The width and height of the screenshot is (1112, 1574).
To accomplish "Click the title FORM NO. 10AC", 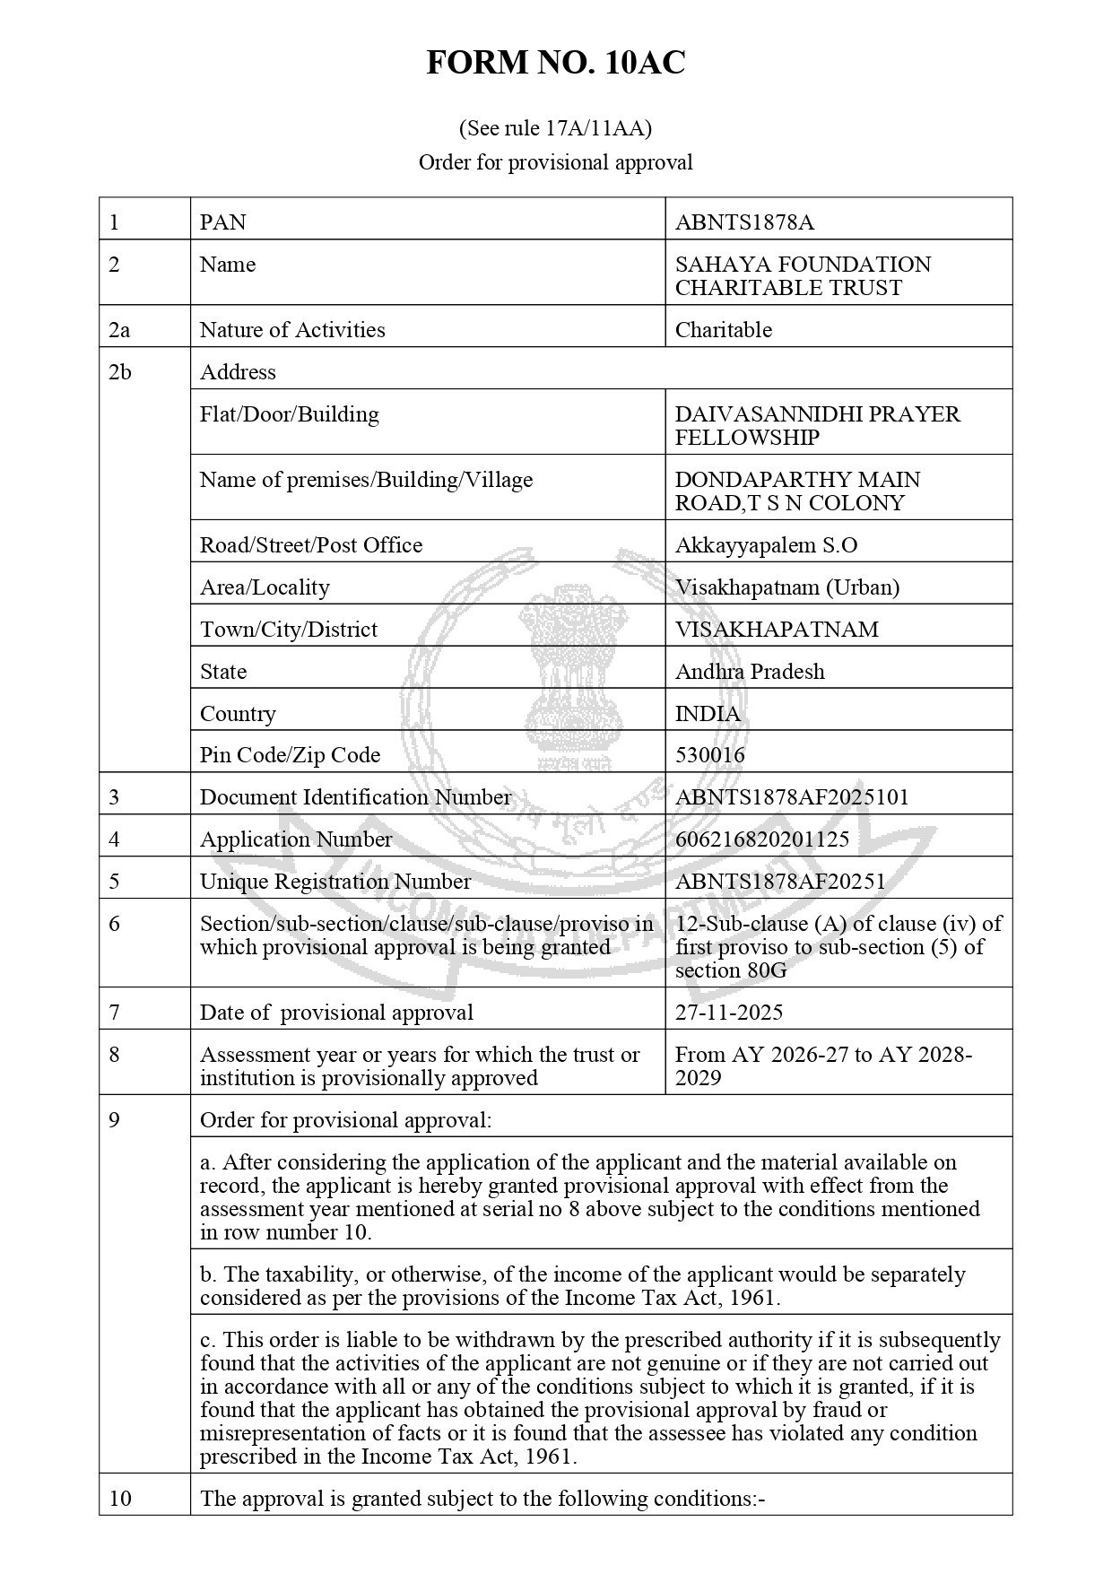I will (x=555, y=63).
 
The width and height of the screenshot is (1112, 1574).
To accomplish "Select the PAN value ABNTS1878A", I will (x=744, y=222).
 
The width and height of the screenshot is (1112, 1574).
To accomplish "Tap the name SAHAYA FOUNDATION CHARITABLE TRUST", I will (x=803, y=276).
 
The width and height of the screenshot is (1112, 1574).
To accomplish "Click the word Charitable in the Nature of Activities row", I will (x=723, y=330).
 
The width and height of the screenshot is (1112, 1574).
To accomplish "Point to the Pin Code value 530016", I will (x=709, y=755).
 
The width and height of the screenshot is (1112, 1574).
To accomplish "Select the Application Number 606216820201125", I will (x=761, y=839).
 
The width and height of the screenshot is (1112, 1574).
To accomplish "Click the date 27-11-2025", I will (x=728, y=1013).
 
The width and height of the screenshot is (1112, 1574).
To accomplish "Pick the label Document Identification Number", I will (x=355, y=797).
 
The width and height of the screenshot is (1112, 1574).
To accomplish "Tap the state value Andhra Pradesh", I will (x=750, y=672).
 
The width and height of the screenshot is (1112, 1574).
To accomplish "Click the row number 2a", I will (x=119, y=330).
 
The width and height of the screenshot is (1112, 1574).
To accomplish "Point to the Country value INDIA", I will (x=708, y=714).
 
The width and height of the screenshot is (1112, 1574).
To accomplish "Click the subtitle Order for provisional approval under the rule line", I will (x=555, y=162).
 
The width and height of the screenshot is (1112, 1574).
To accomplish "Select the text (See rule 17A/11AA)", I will (x=555, y=128).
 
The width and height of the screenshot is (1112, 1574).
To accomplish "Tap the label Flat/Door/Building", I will (x=289, y=414).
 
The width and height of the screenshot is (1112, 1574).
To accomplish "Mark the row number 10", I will (x=119, y=1499).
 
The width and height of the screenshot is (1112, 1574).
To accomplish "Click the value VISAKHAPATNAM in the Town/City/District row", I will (x=777, y=630).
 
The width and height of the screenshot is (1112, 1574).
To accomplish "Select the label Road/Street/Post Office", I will (x=310, y=545).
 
